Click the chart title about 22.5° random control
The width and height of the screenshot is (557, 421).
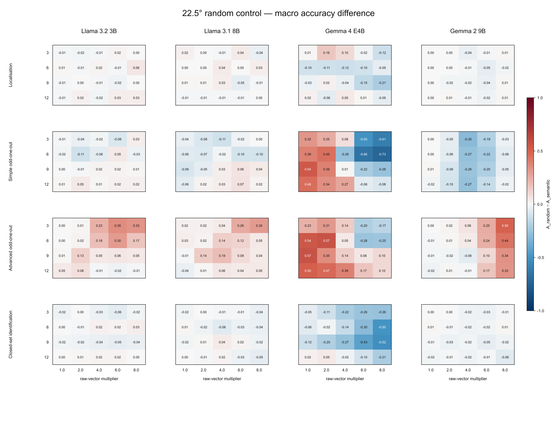(x=278, y=13)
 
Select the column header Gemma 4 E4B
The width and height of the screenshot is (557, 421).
(x=345, y=31)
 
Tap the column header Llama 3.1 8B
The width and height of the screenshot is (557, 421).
(x=222, y=31)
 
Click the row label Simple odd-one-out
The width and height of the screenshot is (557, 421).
(x=11, y=162)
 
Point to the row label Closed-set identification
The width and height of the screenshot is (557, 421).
(x=11, y=335)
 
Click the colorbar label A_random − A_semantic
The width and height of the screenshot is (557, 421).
(x=548, y=204)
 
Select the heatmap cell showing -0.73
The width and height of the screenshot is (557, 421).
(x=382, y=154)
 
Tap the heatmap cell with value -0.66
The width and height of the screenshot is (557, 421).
(x=363, y=154)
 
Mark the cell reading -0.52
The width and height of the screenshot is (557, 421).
(x=382, y=342)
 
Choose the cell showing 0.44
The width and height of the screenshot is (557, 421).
(x=505, y=241)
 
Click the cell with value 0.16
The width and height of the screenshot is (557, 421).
(x=326, y=53)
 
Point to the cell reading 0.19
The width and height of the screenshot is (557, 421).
(x=222, y=256)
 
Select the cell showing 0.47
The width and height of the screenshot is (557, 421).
(x=326, y=271)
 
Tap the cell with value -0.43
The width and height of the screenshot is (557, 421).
(x=363, y=342)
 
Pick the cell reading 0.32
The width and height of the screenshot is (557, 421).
(x=308, y=139)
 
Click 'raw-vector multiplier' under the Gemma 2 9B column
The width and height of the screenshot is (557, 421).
(x=468, y=379)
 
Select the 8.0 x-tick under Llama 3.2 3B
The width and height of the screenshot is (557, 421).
(x=136, y=370)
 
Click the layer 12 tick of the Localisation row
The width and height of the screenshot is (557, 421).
(x=46, y=98)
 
